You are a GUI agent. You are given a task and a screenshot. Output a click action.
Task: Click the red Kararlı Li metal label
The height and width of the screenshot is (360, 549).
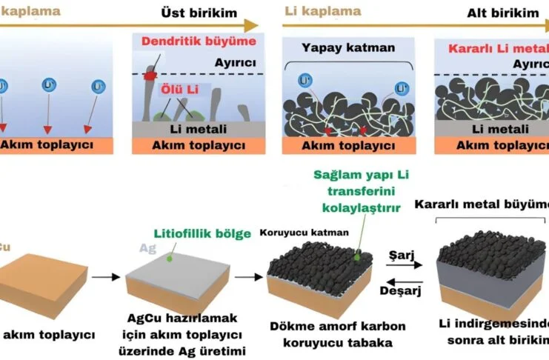pyautogui.click(x=495, y=50)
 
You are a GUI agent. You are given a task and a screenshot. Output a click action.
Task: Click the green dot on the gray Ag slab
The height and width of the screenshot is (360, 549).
pyautogui.click(x=170, y=259)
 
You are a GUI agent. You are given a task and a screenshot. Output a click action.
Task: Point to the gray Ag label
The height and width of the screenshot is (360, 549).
pyautogui.click(x=147, y=248)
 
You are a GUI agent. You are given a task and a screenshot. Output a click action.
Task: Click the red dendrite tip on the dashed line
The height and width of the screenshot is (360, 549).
pyautogui.click(x=151, y=75)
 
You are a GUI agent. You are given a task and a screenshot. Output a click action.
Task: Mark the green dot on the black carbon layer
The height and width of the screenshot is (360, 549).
pyautogui.click(x=358, y=257)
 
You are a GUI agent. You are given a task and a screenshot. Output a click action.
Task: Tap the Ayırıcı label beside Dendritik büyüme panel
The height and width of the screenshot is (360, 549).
pyautogui.click(x=230, y=63)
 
